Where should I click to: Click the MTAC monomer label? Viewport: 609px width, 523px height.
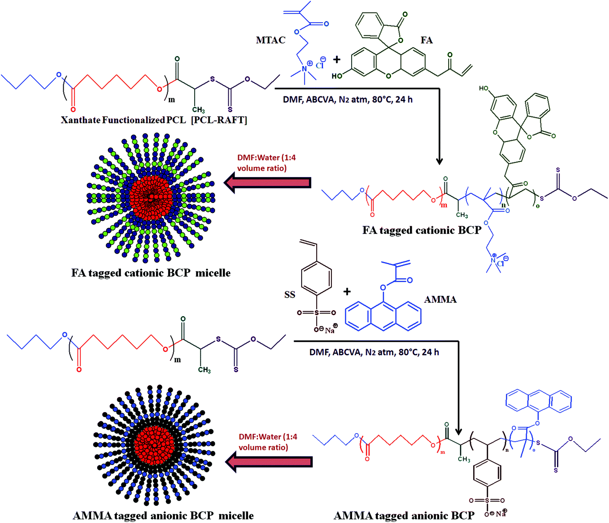(x=270, y=40)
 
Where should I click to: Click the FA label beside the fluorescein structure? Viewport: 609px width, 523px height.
(x=426, y=40)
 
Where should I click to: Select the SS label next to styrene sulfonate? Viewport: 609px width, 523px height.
(x=290, y=295)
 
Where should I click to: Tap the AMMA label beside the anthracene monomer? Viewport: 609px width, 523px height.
(x=440, y=299)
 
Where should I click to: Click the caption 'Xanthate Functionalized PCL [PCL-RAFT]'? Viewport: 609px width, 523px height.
(x=154, y=120)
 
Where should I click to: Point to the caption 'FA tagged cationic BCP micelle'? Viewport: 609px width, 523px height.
(x=151, y=273)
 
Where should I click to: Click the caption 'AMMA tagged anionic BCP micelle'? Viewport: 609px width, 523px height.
(x=163, y=515)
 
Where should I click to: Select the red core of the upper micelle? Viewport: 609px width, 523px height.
(x=151, y=197)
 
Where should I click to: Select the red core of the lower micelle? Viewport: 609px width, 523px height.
(x=154, y=447)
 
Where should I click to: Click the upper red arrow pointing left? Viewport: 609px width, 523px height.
(x=267, y=183)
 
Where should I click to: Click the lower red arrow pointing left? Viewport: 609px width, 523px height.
(x=269, y=462)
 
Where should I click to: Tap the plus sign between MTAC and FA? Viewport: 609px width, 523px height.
(x=337, y=60)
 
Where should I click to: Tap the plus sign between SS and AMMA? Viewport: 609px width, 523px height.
(x=347, y=292)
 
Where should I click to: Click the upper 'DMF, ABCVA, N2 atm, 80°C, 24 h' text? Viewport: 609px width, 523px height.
(x=347, y=99)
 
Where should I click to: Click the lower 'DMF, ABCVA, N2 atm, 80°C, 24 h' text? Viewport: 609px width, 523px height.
(x=374, y=352)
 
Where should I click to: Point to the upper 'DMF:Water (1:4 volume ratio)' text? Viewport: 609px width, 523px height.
(x=266, y=163)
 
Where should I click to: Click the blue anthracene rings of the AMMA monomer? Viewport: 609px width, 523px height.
(x=383, y=315)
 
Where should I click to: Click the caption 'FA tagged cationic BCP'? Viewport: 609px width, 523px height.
(x=422, y=230)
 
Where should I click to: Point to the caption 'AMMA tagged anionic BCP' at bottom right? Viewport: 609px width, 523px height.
(x=404, y=515)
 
